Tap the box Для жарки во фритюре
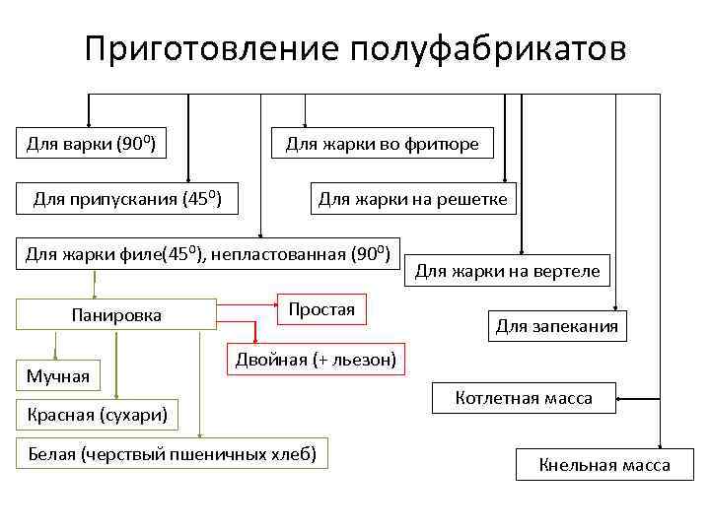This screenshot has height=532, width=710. (x=382, y=145)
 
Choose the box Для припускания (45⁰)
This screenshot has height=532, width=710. (x=127, y=200)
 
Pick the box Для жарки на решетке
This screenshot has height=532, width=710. (x=412, y=200)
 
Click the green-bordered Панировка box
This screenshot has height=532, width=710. (x=116, y=315)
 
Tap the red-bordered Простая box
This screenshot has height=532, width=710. (x=321, y=309)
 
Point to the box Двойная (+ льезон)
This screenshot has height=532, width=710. (x=316, y=361)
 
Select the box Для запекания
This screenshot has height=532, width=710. (x=556, y=326)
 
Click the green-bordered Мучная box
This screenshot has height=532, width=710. (x=57, y=375)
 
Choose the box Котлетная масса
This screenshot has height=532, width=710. (x=524, y=398)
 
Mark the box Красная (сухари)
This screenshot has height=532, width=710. (x=97, y=415)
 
